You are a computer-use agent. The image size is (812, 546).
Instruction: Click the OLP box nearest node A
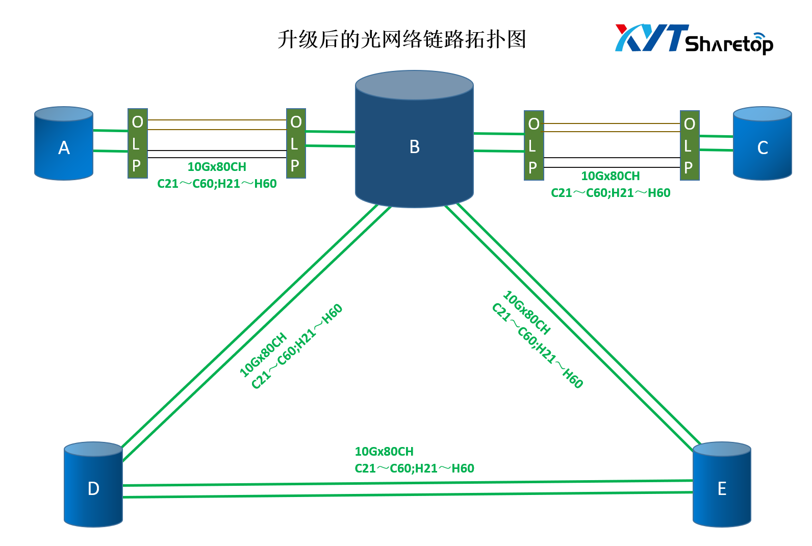138,143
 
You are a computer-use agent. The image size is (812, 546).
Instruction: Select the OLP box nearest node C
690,145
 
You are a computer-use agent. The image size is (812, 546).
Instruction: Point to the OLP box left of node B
296,143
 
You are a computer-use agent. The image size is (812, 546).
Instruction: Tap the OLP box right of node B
534,145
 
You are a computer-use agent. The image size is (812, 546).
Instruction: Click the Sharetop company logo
694,39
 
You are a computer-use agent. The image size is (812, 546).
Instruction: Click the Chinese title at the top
402,39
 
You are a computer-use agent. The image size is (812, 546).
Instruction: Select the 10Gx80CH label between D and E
384,452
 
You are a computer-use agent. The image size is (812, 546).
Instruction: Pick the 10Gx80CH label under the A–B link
217,167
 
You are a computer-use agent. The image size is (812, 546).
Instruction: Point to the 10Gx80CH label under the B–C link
611,176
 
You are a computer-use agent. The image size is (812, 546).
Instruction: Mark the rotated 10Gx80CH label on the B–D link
263,355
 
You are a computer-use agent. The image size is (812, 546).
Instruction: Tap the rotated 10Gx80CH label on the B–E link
527,312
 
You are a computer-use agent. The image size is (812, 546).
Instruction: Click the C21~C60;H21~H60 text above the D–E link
414,468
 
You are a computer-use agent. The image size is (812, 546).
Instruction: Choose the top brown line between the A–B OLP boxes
217,120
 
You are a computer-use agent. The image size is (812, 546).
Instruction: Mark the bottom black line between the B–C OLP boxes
612,167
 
